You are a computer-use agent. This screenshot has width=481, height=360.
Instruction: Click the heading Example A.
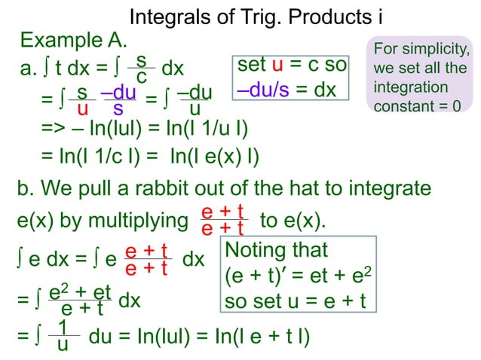(x=73, y=40)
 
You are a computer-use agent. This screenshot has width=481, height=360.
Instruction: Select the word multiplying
(x=138, y=221)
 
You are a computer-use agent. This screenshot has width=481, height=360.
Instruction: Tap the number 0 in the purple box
(x=456, y=106)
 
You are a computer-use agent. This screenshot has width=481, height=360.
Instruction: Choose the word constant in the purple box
(x=406, y=106)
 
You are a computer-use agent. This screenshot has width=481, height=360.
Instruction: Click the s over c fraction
(x=141, y=69)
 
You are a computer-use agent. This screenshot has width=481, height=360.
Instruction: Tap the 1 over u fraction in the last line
(x=63, y=335)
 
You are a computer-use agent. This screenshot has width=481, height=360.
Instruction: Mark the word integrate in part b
(x=384, y=188)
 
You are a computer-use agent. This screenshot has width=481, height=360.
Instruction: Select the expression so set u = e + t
(x=295, y=301)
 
